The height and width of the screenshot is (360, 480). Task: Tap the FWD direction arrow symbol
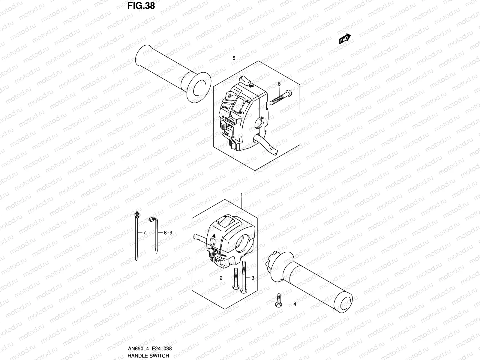coord(345,39)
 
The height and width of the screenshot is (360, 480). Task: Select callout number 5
coord(234,58)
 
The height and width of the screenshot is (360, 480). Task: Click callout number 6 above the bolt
coord(279,84)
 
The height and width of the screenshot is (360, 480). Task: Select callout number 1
coord(241,195)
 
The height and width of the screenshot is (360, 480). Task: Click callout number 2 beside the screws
coord(221,278)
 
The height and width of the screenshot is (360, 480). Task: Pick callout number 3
coord(253,278)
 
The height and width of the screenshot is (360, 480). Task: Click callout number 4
coord(295,304)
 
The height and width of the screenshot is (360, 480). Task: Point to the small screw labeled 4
coord(278,301)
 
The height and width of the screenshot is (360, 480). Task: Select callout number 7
coord(144,232)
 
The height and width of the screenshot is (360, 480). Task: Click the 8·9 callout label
coord(168,232)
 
